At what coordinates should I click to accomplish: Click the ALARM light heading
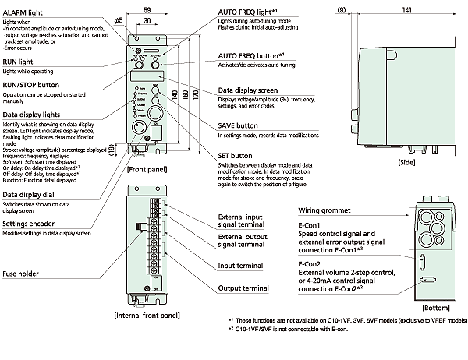click(23, 12)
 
